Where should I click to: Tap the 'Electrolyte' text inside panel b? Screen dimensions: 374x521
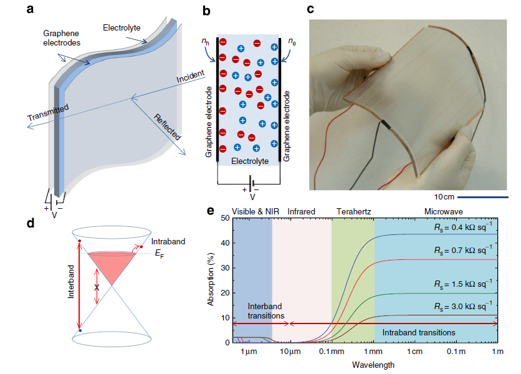coord(249,161)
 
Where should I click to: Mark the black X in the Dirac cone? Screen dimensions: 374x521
coord(97,287)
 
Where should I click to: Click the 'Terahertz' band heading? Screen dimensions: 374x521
coord(353,212)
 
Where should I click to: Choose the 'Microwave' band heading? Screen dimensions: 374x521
coord(443,212)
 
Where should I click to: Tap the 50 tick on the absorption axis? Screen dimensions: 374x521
coord(225,218)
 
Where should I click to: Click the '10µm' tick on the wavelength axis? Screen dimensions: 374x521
coord(290,352)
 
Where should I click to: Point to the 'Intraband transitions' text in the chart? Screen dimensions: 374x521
coord(418,333)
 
